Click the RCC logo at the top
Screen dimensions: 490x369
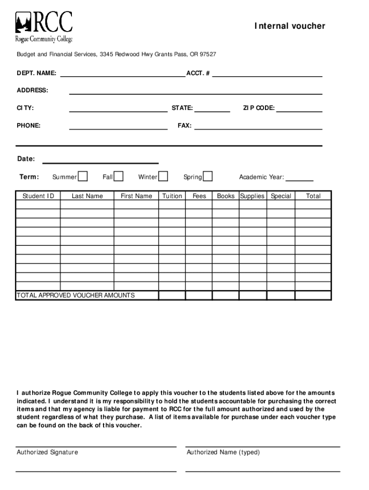point(44,27)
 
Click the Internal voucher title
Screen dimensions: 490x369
point(289,26)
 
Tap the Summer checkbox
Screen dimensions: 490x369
point(83,177)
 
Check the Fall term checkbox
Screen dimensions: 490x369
point(119,177)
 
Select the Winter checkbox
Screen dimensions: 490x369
point(163,177)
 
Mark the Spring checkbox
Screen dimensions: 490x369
point(208,177)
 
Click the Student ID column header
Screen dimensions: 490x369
point(38,196)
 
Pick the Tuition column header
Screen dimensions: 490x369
point(172,196)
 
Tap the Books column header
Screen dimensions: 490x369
point(226,196)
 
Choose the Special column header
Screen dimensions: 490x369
point(281,196)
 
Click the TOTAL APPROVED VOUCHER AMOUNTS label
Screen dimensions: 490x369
point(76,295)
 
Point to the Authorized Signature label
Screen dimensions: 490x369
point(47,452)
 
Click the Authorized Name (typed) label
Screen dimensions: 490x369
point(223,452)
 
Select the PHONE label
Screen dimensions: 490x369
point(29,125)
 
